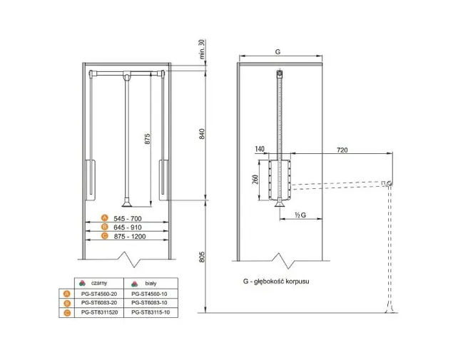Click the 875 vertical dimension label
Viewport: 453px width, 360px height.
[x=148, y=139]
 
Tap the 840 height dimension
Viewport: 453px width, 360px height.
[x=202, y=134]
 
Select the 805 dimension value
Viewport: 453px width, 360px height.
[x=202, y=257]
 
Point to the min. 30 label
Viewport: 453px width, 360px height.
[x=202, y=49]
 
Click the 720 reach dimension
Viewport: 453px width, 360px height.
[x=342, y=150]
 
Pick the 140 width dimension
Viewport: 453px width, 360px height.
[x=260, y=149]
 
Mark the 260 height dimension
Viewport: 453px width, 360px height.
[x=255, y=180]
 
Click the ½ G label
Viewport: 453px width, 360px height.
[x=300, y=215]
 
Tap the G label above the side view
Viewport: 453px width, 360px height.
[x=278, y=51]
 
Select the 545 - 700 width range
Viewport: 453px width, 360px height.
[x=128, y=219]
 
